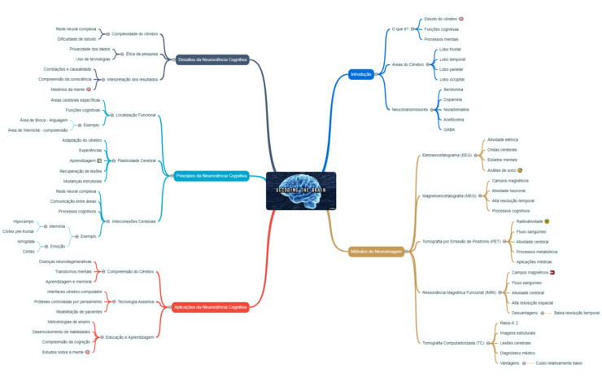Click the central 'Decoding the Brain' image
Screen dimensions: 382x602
point(300,191)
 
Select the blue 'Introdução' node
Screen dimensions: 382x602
point(360,74)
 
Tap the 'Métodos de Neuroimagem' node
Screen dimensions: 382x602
point(376,251)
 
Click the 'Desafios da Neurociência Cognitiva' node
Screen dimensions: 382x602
point(212,59)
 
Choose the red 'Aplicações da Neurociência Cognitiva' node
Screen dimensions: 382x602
point(211,307)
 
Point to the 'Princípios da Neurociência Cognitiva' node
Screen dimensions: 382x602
point(211,175)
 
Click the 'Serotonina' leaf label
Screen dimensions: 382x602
point(454,90)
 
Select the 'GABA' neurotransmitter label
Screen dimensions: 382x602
point(449,129)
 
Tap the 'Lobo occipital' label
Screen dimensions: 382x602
point(452,79)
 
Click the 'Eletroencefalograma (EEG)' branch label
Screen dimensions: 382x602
point(446,155)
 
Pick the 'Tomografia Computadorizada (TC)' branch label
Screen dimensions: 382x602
point(453,343)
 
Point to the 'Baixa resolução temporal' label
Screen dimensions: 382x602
point(577,313)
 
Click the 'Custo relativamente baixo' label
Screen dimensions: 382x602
point(559,363)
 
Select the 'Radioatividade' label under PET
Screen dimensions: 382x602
point(533,221)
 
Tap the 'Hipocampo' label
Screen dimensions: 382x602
point(24,221)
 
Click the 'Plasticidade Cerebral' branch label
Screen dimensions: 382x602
point(137,160)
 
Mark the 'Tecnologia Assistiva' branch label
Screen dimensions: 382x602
point(135,301)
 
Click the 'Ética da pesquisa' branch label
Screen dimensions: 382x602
point(142,54)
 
